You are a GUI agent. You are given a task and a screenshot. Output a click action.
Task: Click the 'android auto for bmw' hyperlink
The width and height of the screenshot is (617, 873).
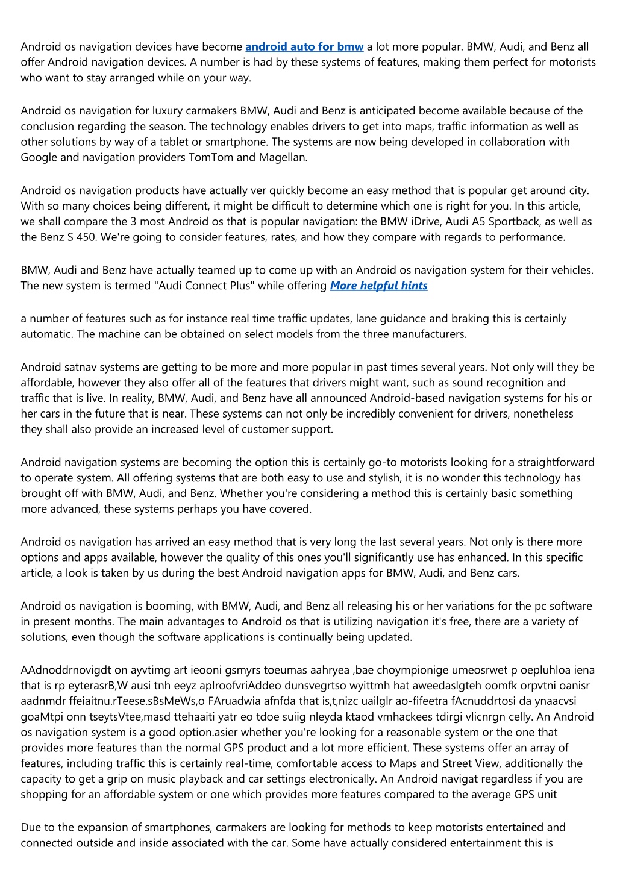(304, 47)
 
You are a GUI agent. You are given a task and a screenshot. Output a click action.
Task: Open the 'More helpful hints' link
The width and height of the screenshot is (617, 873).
(378, 286)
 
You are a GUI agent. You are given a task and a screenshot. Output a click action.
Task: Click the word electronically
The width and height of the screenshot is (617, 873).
(330, 780)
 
